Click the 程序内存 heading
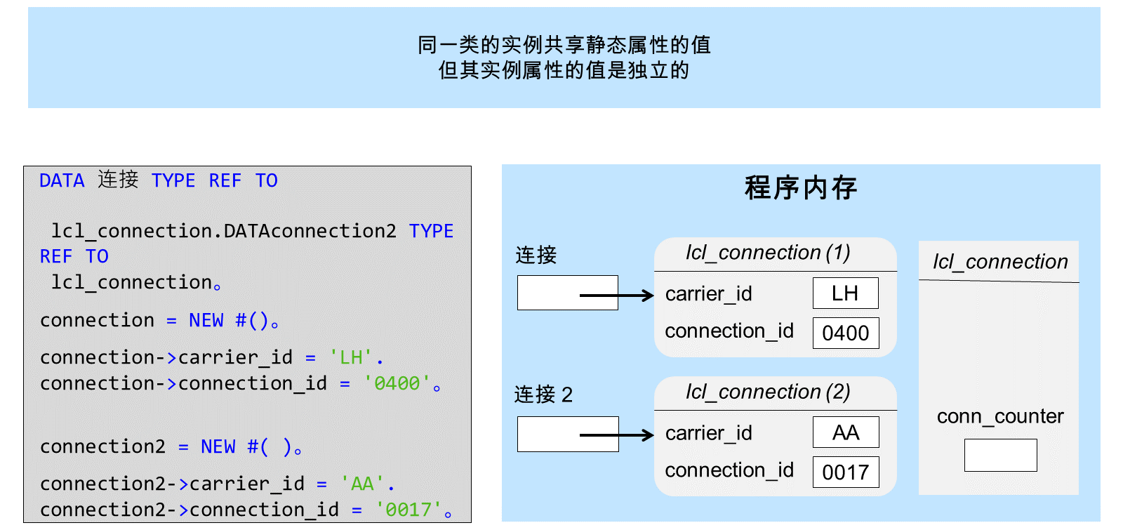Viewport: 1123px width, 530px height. (801, 188)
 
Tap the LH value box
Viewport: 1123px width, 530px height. (845, 293)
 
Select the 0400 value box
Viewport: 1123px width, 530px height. (845, 333)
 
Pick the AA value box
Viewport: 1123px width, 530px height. (845, 432)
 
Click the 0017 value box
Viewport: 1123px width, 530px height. (845, 472)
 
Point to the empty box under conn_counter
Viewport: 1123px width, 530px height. (1000, 456)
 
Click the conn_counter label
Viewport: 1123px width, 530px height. (1000, 416)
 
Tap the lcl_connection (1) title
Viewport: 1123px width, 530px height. (768, 253)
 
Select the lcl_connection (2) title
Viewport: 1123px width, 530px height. (768, 392)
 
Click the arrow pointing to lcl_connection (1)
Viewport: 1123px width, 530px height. (617, 296)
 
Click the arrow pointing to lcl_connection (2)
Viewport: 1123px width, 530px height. (617, 435)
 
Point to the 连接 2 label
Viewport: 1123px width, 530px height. (543, 395)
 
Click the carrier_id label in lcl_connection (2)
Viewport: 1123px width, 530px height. (708, 433)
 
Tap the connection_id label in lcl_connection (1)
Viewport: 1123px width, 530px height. (729, 331)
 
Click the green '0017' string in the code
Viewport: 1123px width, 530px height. (408, 510)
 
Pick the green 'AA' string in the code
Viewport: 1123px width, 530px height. (362, 484)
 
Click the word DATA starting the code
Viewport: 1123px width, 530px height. (62, 180)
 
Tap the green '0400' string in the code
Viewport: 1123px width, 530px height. (397, 383)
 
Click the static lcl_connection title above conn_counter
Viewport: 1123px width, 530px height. (1000, 262)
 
